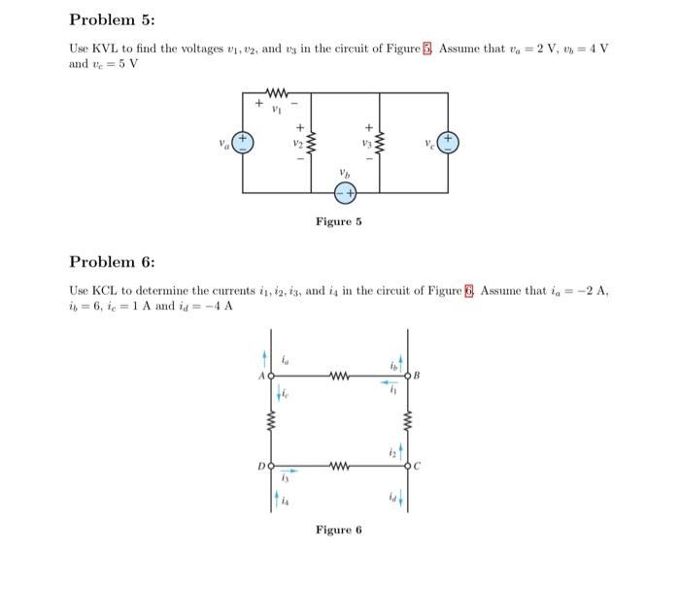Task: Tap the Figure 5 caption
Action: coord(338,221)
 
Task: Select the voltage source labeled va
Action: coord(242,143)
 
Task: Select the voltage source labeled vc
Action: coord(448,143)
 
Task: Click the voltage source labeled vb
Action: coord(345,193)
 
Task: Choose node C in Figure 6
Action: coord(408,465)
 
